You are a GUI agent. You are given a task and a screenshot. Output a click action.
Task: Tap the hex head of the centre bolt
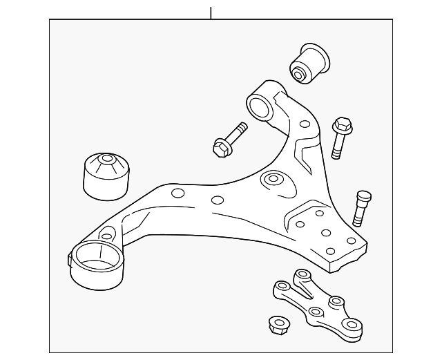click(221, 146)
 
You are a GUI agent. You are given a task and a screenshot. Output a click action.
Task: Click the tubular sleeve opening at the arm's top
click(259, 107)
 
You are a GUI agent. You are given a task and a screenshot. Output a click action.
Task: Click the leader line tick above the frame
click(210, 12)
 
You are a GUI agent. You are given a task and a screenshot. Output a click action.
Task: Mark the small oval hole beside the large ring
click(106, 237)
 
